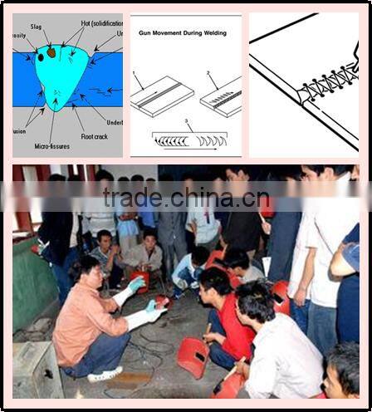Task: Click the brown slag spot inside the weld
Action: pos(51,53)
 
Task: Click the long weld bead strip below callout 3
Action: pos(189,140)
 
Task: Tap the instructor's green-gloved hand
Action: pos(136,285)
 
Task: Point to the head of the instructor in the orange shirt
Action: pos(86,270)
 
